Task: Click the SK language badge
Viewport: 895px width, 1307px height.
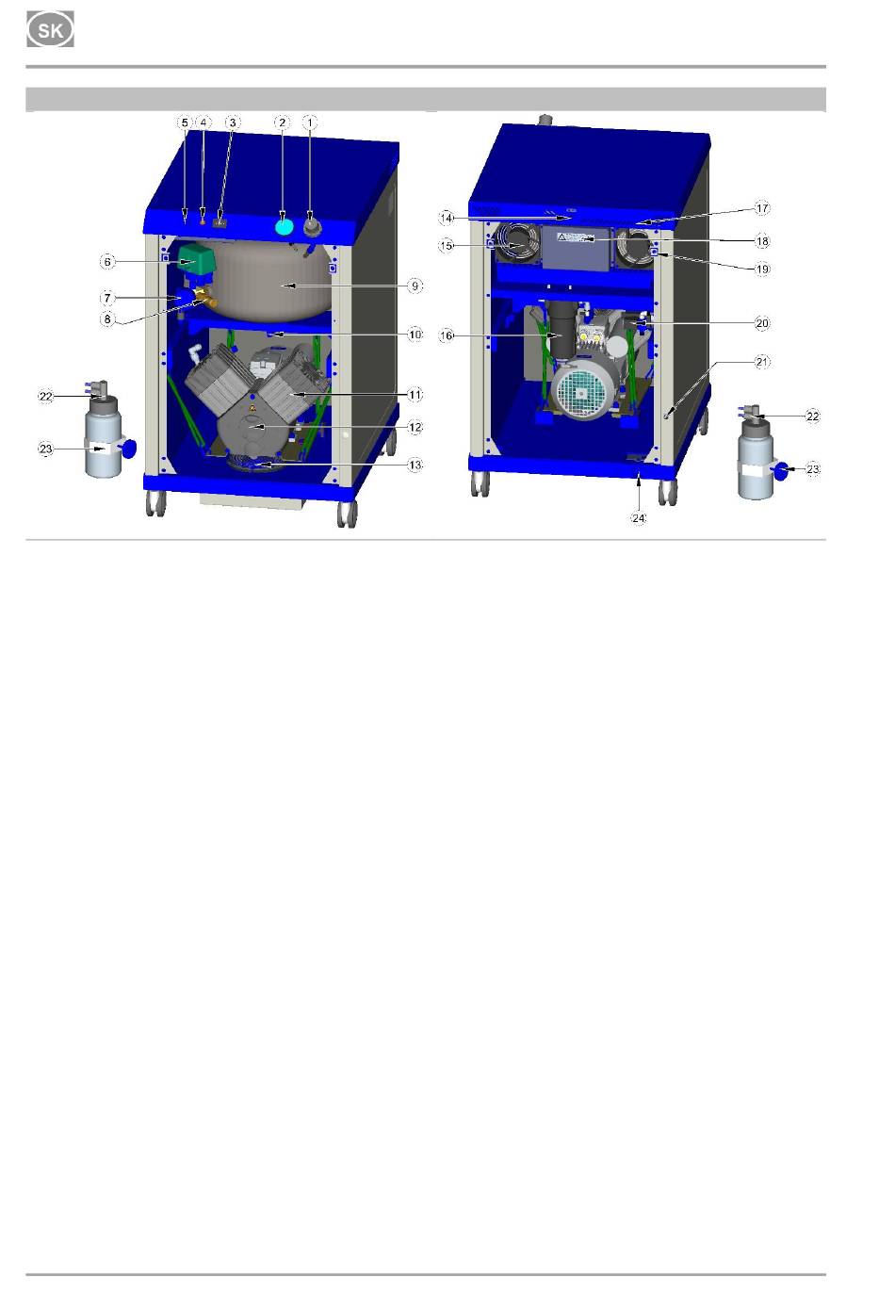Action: (50, 29)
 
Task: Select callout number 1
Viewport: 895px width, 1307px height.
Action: (310, 123)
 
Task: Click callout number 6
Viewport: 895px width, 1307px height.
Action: (107, 261)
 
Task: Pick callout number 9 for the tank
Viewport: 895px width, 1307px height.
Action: (415, 286)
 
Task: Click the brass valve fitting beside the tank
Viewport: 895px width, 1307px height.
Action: (205, 297)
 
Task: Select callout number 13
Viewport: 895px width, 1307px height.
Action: (415, 465)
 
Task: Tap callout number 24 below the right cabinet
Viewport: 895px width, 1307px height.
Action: (639, 518)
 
